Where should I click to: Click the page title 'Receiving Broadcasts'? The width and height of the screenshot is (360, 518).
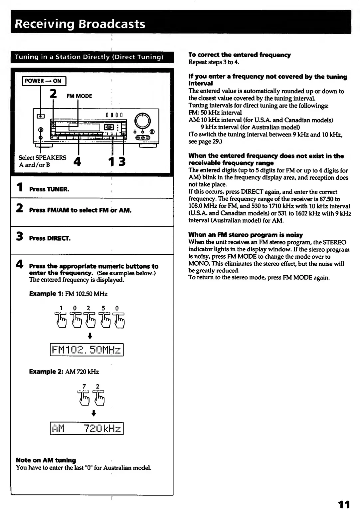80,24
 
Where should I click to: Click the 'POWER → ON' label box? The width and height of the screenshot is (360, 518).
44,81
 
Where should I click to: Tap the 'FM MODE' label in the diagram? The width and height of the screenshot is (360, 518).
79,96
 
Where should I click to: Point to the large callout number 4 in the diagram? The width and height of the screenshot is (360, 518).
77,162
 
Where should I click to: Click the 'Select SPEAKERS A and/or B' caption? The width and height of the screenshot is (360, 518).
42,161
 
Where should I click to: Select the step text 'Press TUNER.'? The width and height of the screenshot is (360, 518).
49,189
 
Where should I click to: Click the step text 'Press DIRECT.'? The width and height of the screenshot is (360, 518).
50,238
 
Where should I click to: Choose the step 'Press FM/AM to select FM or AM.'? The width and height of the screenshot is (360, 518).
80,210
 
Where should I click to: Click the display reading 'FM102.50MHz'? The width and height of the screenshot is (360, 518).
87,350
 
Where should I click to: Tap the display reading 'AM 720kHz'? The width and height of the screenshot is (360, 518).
87,428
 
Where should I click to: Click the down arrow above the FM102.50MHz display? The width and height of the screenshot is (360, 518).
90,335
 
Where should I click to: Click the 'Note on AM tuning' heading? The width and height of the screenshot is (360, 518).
46,460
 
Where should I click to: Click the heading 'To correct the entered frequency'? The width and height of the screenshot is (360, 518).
240,55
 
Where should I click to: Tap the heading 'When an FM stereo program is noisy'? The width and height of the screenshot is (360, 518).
246,235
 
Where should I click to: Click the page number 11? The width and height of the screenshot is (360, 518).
344,505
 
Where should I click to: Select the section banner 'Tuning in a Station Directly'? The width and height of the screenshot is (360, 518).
89,57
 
